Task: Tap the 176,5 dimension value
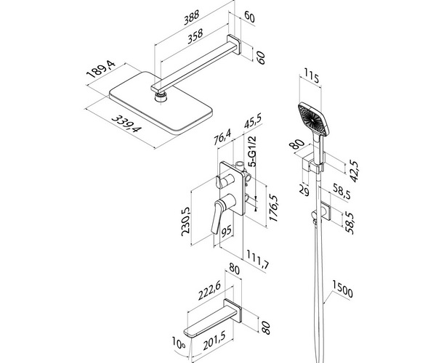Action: pyautogui.click(x=272, y=208)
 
